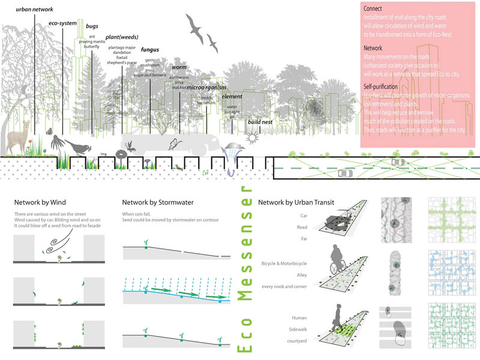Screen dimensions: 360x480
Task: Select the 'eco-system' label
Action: point(63,24)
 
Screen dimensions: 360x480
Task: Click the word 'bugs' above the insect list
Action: point(92,27)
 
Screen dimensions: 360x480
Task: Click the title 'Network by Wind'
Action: point(37,202)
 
